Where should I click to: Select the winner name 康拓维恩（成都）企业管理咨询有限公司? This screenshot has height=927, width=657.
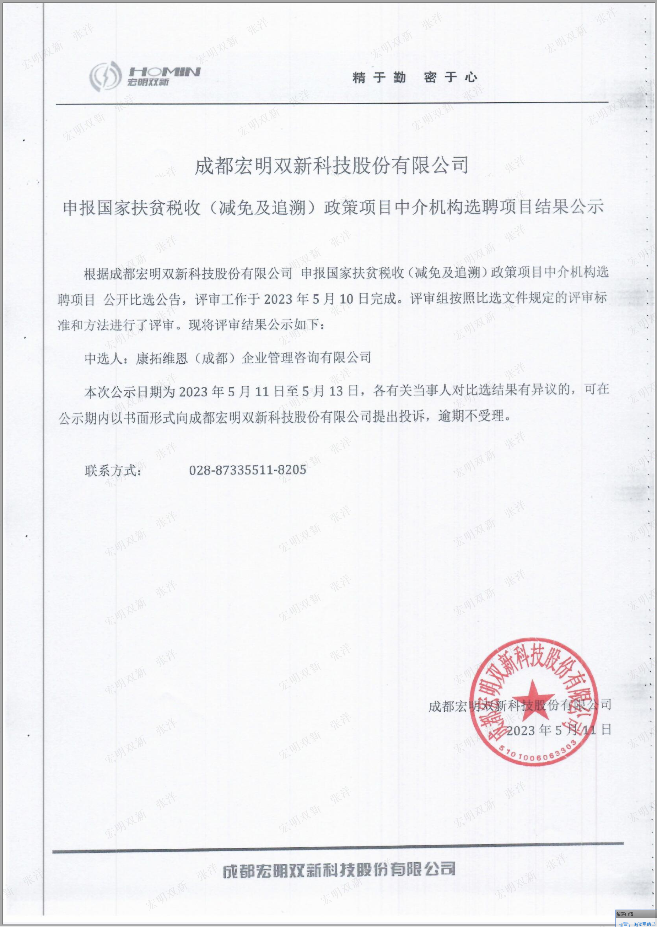coord(254,358)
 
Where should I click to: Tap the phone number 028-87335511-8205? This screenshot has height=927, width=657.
coord(248,470)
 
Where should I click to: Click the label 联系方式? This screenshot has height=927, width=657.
coord(113,471)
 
